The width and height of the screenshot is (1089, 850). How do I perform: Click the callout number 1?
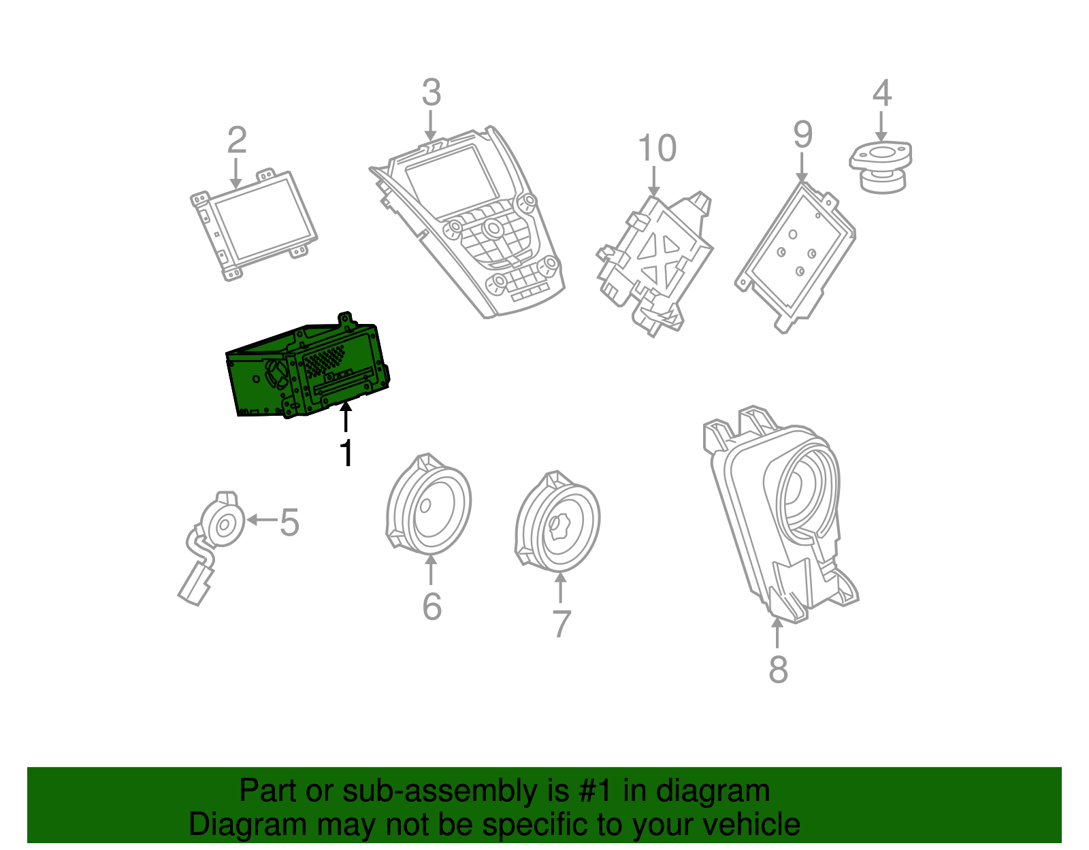(346, 453)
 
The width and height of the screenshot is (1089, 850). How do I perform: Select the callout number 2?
(236, 140)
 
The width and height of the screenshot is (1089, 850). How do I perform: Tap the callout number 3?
(431, 93)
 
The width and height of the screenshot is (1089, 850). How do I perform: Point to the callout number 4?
(881, 93)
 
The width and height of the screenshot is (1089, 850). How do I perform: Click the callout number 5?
(289, 523)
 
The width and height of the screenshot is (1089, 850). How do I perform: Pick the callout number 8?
(778, 670)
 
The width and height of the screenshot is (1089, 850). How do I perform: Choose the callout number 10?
(657, 148)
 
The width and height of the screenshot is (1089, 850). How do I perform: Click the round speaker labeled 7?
(558, 524)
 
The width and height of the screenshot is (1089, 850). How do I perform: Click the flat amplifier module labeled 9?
(795, 255)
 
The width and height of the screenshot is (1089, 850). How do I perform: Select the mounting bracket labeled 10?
(653, 262)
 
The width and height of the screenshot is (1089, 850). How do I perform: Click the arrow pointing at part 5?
(261, 520)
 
